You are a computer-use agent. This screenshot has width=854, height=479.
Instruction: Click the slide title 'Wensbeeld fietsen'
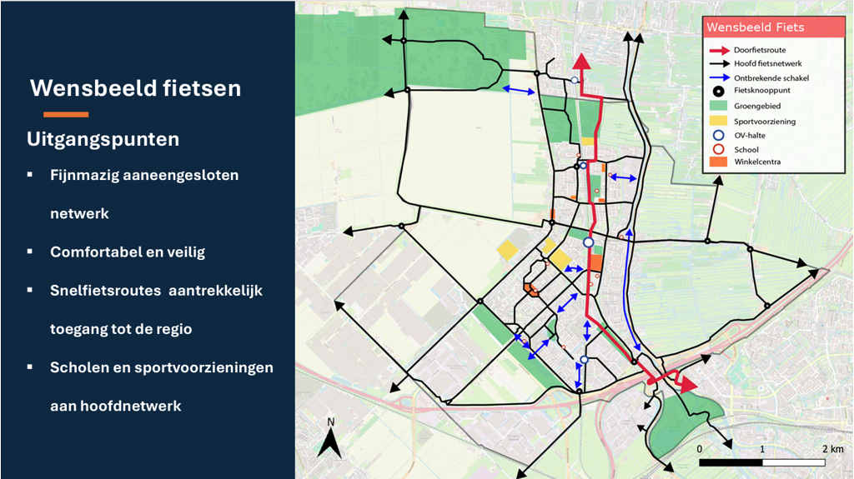click(135, 88)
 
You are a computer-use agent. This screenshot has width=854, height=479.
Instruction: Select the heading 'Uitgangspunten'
click(103, 139)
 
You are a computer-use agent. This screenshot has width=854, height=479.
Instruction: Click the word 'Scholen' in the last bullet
click(79, 367)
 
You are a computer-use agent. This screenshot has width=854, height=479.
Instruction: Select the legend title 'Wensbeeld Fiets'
click(755, 27)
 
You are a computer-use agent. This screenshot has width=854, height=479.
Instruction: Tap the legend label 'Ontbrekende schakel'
click(771, 78)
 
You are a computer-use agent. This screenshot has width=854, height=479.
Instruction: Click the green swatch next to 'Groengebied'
click(718, 107)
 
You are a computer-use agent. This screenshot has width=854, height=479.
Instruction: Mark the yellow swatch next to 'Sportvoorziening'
click(718, 121)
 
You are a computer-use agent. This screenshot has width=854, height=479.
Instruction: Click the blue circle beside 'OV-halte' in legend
click(718, 135)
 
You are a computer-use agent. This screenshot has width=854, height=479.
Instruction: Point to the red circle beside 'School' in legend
click(718, 149)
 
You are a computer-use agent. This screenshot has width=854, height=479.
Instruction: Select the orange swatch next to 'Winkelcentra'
click(718, 162)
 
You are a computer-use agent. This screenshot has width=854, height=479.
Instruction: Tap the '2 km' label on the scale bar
click(832, 449)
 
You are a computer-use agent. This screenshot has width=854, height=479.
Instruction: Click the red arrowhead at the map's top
click(581, 62)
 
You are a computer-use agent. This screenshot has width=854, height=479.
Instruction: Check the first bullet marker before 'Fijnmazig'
click(30, 175)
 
